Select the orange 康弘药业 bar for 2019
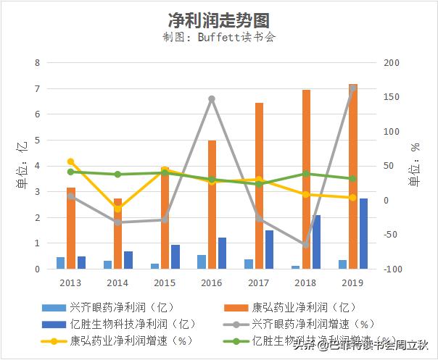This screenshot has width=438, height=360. [x=353, y=177]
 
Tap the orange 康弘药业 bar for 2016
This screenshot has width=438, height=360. [x=212, y=205]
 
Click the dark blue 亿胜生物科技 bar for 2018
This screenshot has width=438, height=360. [x=316, y=242]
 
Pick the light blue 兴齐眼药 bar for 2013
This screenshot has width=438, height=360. [x=61, y=263]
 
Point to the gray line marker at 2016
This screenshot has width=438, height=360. [x=212, y=99]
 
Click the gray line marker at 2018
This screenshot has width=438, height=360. [x=306, y=245]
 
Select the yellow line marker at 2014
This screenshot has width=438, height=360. [x=117, y=209]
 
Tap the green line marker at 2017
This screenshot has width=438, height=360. [x=259, y=184]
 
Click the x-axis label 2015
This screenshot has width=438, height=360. [x=165, y=283]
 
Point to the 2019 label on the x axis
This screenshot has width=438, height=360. [x=353, y=283]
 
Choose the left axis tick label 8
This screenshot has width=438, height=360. [x=38, y=63]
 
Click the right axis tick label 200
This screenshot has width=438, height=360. [x=392, y=63]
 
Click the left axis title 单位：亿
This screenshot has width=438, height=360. [x=21, y=166]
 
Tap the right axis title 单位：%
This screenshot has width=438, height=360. [x=416, y=166]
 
